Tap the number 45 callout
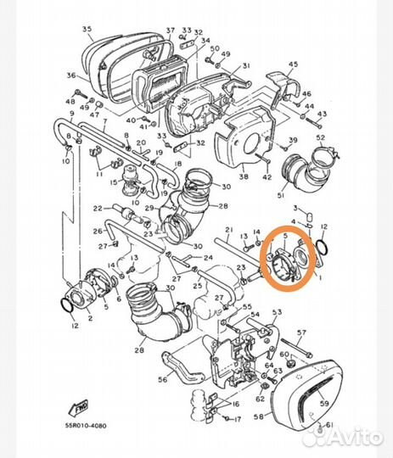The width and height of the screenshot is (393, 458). click(x=294, y=64)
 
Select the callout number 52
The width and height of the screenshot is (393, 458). click(x=320, y=137)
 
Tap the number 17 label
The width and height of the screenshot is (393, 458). click(x=239, y=418)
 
